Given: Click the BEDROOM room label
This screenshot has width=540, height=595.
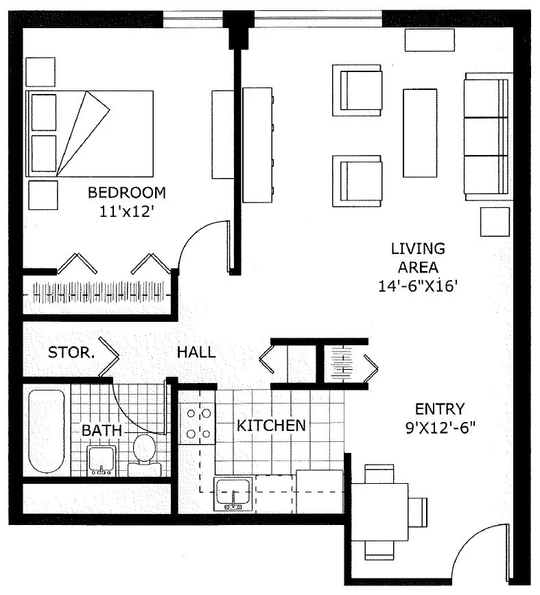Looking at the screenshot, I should (126, 192).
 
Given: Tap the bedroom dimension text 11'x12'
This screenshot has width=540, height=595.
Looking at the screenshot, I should (125, 211).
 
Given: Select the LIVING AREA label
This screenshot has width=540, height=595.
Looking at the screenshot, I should (418, 258).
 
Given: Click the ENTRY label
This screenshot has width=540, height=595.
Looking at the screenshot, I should (440, 409).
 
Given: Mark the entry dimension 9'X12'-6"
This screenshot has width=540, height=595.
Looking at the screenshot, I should (440, 428).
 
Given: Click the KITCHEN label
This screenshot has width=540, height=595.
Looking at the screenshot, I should (271, 425).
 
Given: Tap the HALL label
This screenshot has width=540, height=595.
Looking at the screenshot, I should (196, 353).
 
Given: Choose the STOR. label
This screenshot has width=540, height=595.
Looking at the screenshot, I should (71, 353).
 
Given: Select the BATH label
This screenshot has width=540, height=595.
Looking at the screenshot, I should (102, 431).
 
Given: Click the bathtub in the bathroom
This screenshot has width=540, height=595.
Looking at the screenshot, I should (46, 431).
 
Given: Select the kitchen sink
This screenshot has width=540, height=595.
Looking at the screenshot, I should (235, 493).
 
